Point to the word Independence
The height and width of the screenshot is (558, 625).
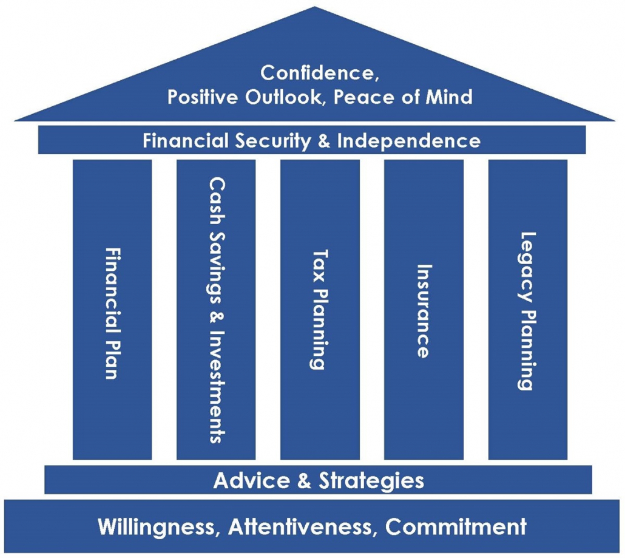pos(408,141)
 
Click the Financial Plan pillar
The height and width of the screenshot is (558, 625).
pos(112,310)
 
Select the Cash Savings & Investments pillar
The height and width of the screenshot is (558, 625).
pos(216,310)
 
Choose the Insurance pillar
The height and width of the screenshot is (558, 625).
pos(424,310)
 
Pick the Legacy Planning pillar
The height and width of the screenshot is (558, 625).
pos(527,310)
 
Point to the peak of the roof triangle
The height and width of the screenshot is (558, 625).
pos(314,9)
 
